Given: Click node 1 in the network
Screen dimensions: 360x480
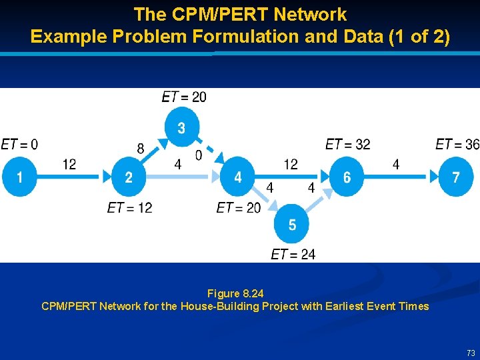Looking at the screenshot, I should (20, 177).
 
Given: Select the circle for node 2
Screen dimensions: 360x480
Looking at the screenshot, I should (129, 177).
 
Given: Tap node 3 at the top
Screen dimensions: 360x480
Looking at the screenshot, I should (181, 127).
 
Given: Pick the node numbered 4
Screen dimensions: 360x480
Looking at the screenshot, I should (238, 177).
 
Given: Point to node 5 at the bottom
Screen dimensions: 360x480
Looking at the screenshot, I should (292, 225).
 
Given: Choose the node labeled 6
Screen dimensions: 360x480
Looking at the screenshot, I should (347, 177).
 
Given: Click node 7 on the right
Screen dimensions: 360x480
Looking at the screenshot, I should (456, 177).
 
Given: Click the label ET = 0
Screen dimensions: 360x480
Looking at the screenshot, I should (19, 144).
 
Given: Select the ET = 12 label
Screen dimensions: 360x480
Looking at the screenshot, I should (129, 208).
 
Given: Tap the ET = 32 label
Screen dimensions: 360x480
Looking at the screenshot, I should (347, 144).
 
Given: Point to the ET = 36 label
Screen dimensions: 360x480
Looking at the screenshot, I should (457, 144).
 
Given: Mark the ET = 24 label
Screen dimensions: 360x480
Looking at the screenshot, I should (293, 254).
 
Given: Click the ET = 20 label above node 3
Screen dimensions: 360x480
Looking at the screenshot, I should (184, 97).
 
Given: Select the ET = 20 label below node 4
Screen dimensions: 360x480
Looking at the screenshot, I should (239, 208).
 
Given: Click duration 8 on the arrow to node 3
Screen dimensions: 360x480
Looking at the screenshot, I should (140, 149).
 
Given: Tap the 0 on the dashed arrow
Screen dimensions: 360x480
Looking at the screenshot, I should (198, 155).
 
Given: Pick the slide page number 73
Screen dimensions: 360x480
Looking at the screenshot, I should (471, 353).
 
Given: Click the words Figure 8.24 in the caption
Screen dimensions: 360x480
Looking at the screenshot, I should (235, 293).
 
